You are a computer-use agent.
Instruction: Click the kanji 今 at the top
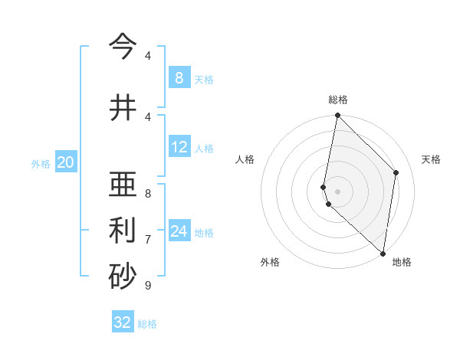[x=123, y=47]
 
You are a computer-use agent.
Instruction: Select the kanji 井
[x=123, y=107]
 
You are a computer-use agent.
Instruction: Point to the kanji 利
[x=123, y=231]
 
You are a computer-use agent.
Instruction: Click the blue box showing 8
[x=179, y=78]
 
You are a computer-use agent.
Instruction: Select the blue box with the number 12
[x=179, y=147]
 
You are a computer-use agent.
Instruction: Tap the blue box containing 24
[x=179, y=231]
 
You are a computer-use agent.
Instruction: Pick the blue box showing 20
[x=66, y=162]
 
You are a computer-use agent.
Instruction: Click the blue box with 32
[x=123, y=322]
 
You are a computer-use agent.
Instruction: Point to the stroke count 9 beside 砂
[x=148, y=286]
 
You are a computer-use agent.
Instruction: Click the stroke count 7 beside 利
[x=148, y=240]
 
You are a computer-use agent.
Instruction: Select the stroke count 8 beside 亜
[x=148, y=193]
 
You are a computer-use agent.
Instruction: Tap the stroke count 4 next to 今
[x=148, y=56]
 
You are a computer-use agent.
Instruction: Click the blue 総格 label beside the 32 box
[x=147, y=324]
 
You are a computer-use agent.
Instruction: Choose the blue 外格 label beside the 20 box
[x=41, y=163]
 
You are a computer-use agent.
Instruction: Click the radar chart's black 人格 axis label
[x=245, y=159]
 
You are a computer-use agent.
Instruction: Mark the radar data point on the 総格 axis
[x=337, y=116]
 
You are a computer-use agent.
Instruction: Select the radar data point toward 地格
[x=382, y=253]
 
